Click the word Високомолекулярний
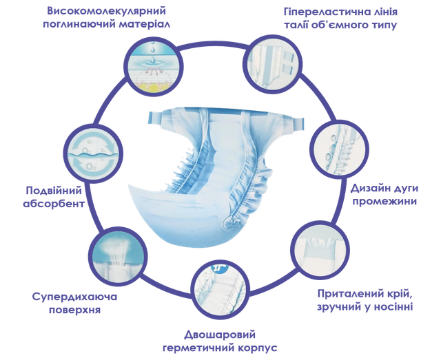point(106,11)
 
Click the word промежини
point(384,202)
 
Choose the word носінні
point(393,306)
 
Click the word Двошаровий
point(220,335)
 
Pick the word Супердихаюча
point(74,297)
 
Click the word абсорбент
point(54,204)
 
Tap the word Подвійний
point(54,191)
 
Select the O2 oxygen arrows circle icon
point(93,153)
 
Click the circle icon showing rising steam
point(118,255)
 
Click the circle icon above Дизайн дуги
point(339,149)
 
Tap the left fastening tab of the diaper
point(154,118)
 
